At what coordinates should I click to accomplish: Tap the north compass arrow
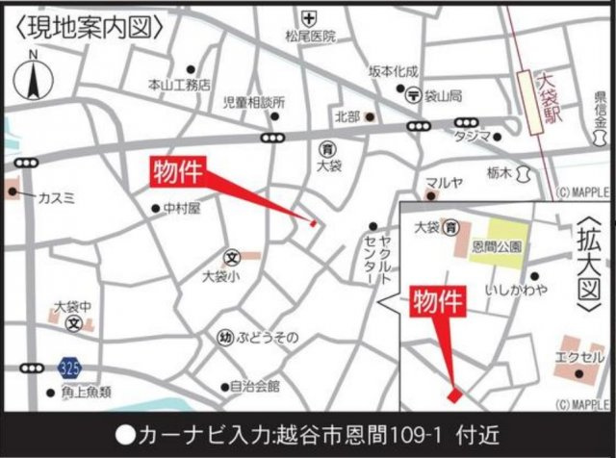32,76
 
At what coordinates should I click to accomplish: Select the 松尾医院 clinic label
311,37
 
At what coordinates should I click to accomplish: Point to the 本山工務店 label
179,85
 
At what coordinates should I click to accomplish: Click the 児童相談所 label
254,102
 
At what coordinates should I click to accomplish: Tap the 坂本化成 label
394,71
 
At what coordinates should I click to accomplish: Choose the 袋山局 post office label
444,95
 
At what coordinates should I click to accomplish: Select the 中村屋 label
180,207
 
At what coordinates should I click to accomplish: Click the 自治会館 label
255,386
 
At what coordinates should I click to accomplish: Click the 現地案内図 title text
88,26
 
